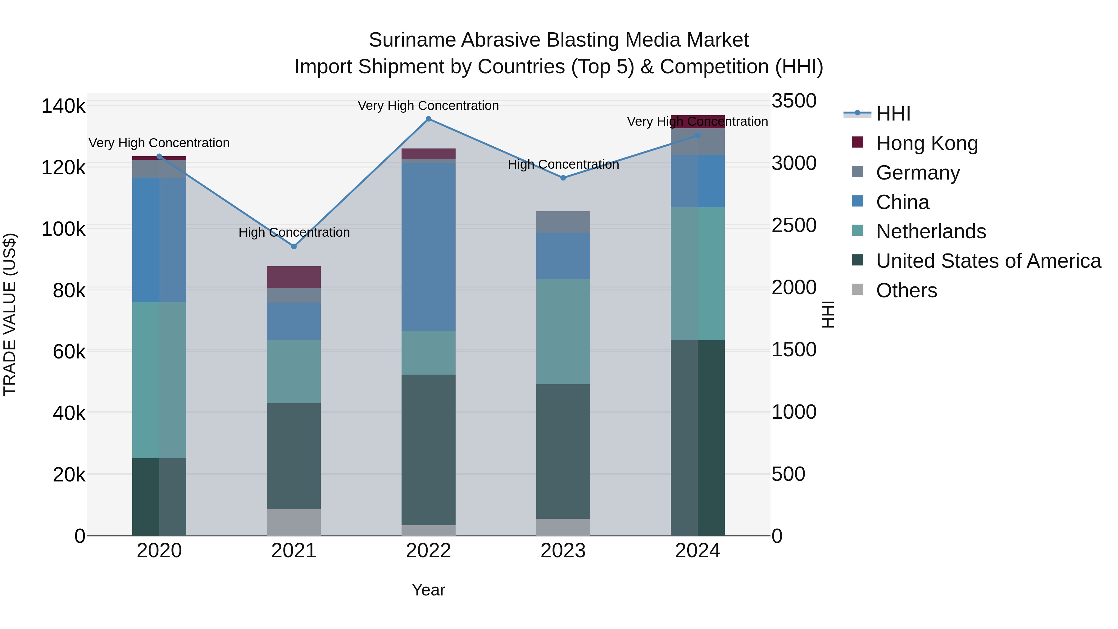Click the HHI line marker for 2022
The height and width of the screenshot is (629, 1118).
[428, 119]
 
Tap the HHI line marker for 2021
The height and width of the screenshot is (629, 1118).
[294, 246]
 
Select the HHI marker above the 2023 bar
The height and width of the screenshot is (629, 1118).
[563, 178]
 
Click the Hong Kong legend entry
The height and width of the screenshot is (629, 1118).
[927, 143]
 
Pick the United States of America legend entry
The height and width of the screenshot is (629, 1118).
[988, 261]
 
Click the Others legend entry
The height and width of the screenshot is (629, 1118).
[906, 290]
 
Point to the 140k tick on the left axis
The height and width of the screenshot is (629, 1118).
[63, 106]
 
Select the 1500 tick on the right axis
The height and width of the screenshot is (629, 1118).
[794, 349]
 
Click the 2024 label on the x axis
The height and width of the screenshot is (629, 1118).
[698, 551]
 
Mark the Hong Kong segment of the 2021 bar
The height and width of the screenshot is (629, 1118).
[294, 277]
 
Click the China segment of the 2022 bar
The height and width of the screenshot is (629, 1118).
[428, 247]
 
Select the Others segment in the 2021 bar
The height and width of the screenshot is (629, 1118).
[294, 522]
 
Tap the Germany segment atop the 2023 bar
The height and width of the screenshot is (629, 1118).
[563, 222]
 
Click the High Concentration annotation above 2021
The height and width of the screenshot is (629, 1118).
[294, 232]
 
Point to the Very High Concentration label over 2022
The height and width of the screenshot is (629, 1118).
[428, 106]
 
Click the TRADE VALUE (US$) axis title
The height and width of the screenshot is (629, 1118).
[10, 314]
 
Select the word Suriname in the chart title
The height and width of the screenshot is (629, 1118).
[412, 40]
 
